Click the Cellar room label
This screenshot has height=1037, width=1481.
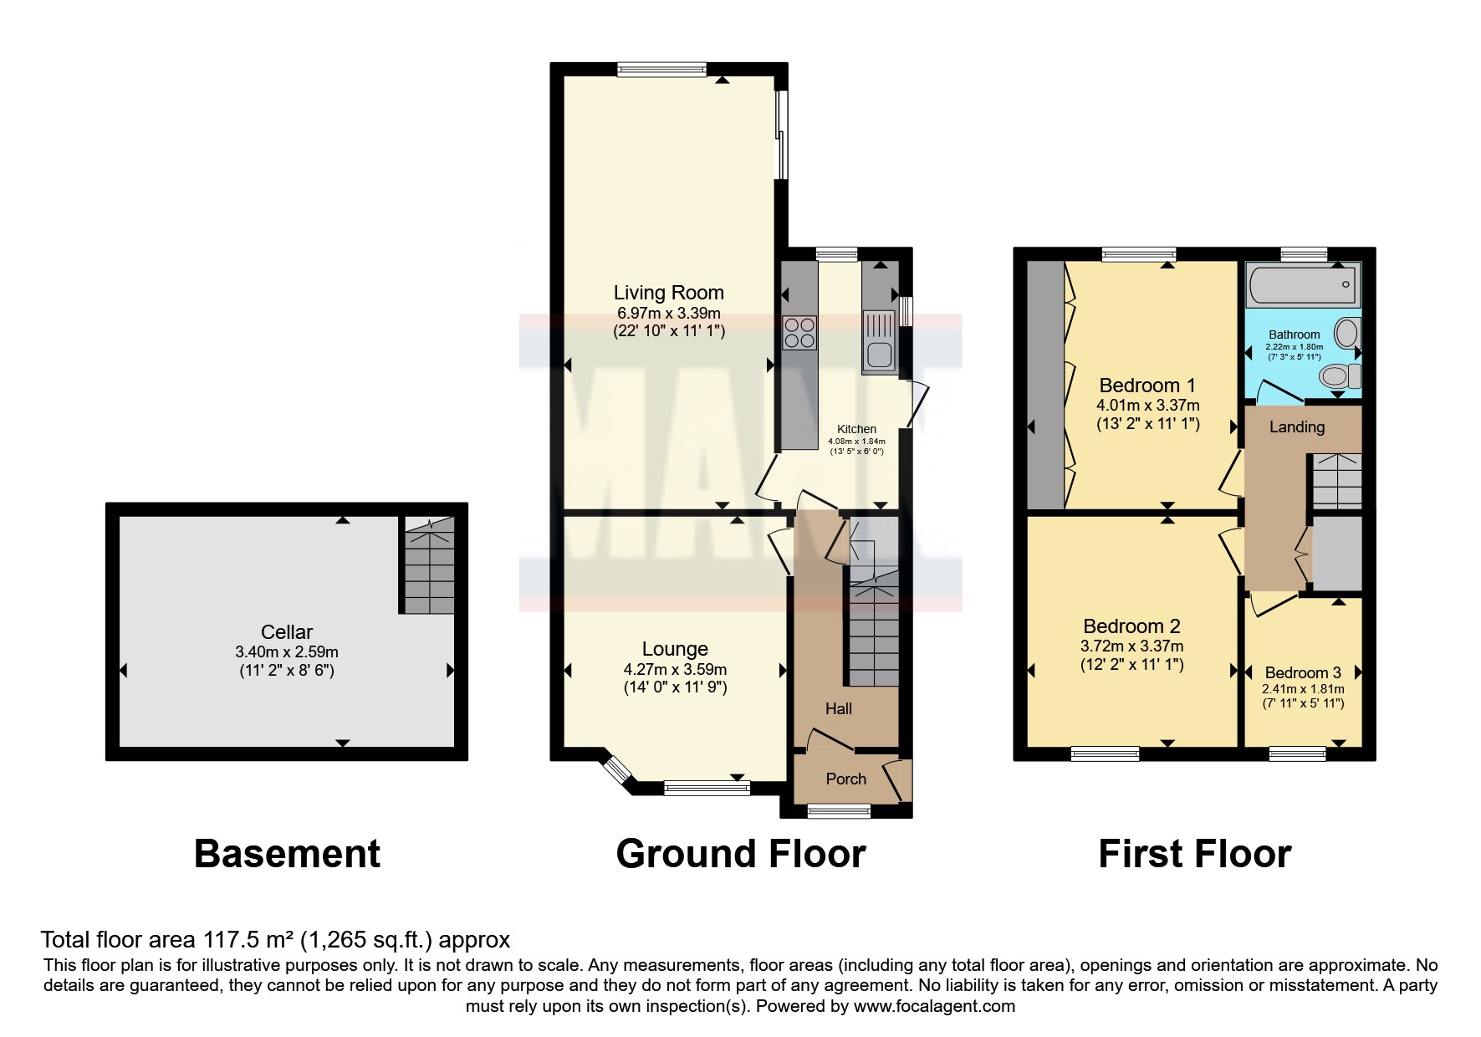tap(286, 633)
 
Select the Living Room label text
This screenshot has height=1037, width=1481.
tap(668, 293)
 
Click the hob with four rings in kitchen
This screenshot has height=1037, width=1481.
tap(799, 332)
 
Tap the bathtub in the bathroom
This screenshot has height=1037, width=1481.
tap(1301, 284)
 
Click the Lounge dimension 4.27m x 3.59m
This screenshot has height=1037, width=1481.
tap(675, 670)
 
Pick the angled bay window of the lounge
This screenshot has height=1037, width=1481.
tap(618, 771)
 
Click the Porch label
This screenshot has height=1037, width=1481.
tap(845, 779)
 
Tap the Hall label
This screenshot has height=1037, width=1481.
tap(838, 709)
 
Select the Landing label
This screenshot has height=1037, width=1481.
tap(1296, 427)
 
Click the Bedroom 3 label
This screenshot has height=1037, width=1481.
tap(1302, 673)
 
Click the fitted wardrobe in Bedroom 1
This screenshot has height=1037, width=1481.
tap(1045, 385)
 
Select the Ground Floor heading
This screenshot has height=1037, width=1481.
tap(740, 855)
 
